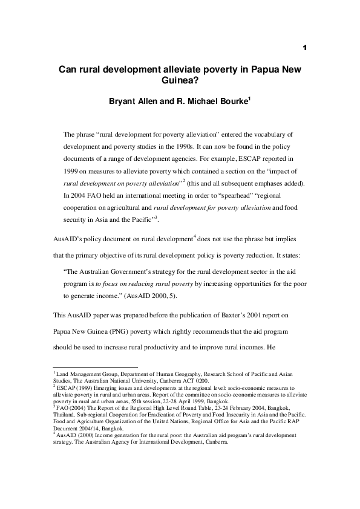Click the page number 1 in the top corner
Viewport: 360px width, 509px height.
click(x=306, y=47)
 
